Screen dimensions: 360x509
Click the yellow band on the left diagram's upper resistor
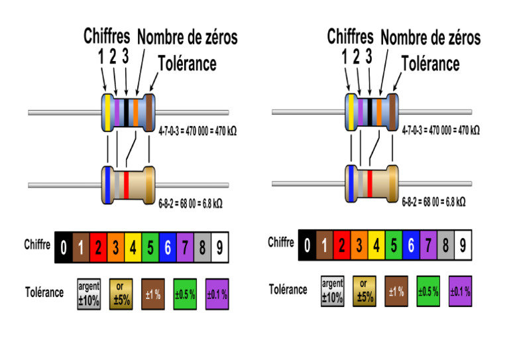pyautogui.click(x=107, y=113)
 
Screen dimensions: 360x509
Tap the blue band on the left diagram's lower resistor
pyautogui.click(x=106, y=184)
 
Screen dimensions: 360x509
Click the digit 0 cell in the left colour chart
pyautogui.click(x=63, y=249)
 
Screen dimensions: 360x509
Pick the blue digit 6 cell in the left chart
pyautogui.click(x=168, y=249)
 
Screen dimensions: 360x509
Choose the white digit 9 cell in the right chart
pyautogui.click(x=463, y=246)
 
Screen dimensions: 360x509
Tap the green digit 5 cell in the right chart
pyautogui.click(x=393, y=246)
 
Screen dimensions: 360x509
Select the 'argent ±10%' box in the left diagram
pyautogui.click(x=89, y=294)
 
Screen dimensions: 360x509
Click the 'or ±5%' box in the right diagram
pyautogui.click(x=365, y=290)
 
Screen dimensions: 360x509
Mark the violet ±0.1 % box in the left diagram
pyautogui.click(x=217, y=294)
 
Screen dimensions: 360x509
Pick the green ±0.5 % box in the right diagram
pyautogui.click(x=428, y=291)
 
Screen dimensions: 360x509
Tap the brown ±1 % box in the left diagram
pyautogui.click(x=152, y=294)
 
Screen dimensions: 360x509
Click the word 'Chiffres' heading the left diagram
pyautogui.click(x=106, y=36)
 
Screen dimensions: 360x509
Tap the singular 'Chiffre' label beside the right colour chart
pyautogui.click(x=281, y=242)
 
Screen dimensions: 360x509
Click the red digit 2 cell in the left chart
pyautogui.click(x=98, y=249)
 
